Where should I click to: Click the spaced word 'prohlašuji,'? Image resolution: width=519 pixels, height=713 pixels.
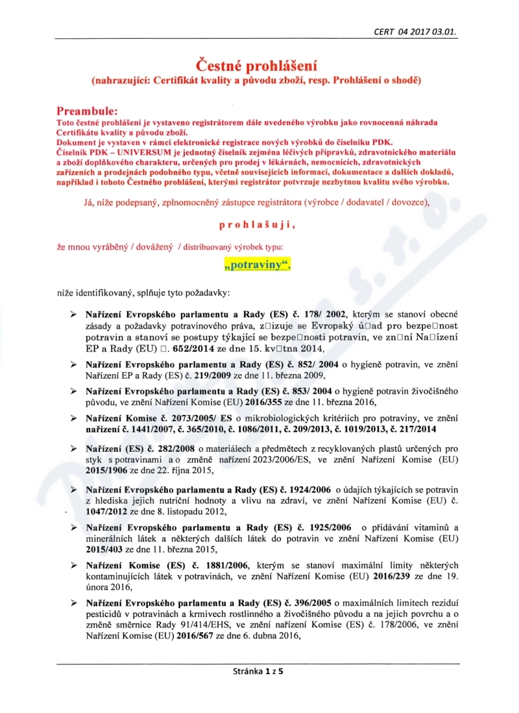pyautogui.click(x=258, y=225)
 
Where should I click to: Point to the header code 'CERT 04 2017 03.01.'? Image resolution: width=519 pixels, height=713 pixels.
pyautogui.click(x=419, y=30)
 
